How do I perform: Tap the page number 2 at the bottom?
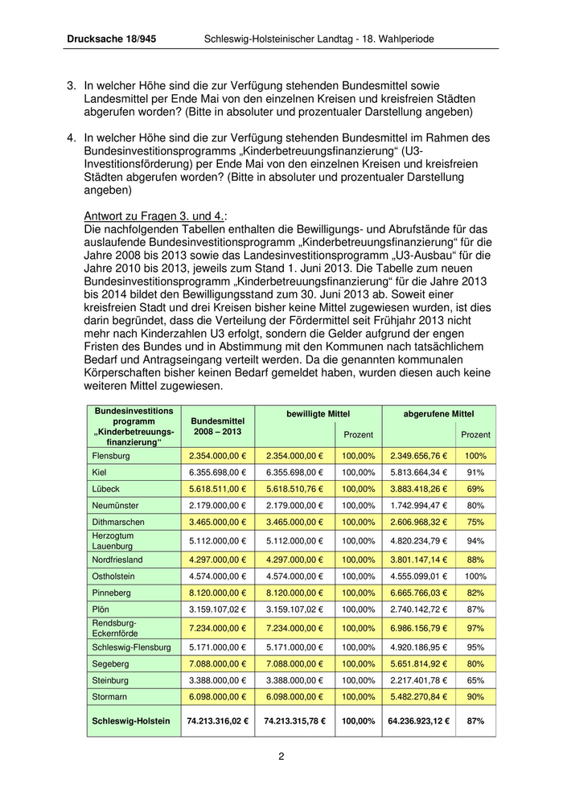tap(281, 756)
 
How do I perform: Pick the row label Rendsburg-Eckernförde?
tap(115, 627)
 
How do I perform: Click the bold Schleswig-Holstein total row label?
tap(132, 721)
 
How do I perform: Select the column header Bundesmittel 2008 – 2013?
tap(217, 425)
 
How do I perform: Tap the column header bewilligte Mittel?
tap(318, 413)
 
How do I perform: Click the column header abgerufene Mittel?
tap(438, 413)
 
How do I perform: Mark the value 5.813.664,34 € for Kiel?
tap(417, 472)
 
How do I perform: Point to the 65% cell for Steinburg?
tap(475, 679)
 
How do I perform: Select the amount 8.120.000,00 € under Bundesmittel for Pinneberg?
tap(217, 591)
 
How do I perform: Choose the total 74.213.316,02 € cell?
tap(217, 721)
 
